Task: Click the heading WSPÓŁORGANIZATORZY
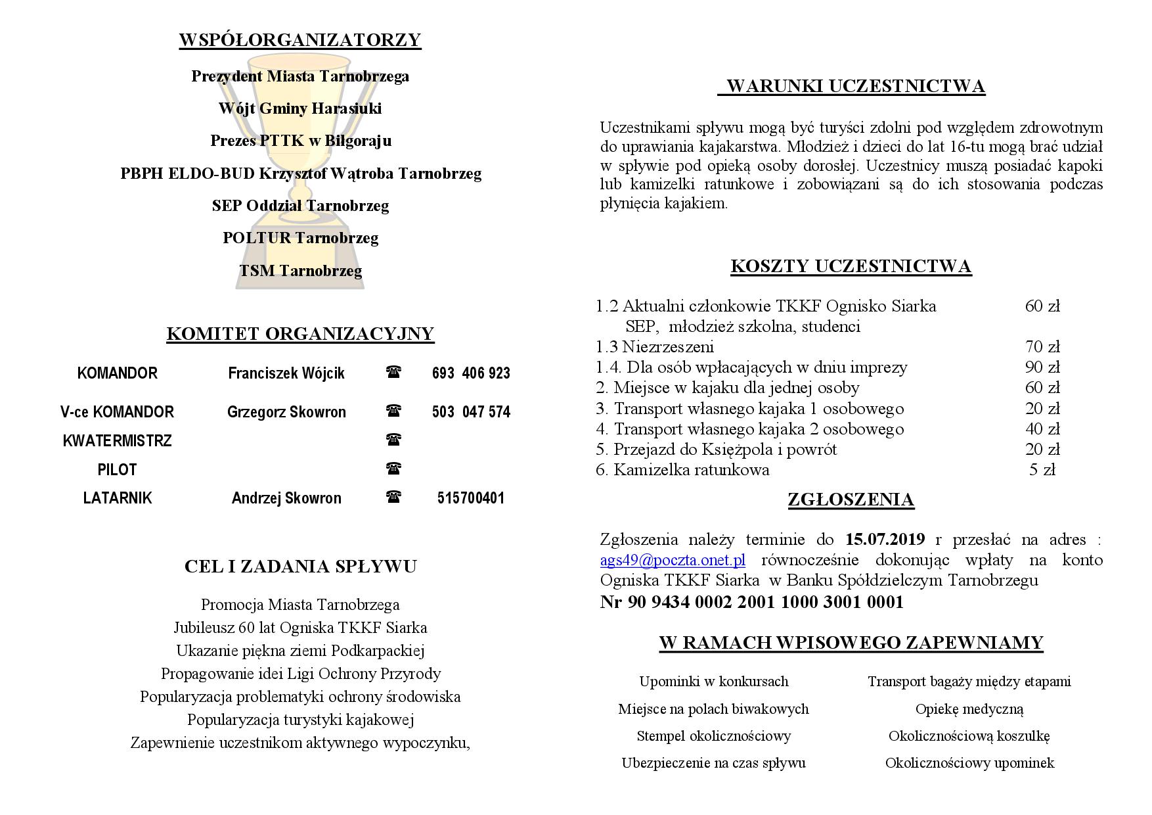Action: pos(299,40)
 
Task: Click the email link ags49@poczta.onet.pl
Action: pos(672,560)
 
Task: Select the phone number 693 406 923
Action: pos(471,373)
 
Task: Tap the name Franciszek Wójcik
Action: pos(286,373)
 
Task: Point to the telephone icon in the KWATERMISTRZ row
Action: pos(393,439)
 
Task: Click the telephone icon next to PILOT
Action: pos(393,469)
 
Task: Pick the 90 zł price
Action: pos(1042,367)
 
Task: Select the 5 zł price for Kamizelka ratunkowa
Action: pos(1042,470)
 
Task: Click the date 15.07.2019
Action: pos(885,540)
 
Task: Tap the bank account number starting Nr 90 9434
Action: pos(751,602)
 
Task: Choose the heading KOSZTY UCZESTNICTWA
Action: pos(851,266)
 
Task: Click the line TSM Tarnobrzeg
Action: pos(300,271)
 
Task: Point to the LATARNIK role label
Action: pos(117,498)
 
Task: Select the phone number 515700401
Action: pos(471,498)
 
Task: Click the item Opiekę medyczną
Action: pos(969,709)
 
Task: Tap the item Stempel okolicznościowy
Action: pos(713,736)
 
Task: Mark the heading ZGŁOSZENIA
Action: pos(851,500)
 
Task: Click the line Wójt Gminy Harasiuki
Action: pos(300,108)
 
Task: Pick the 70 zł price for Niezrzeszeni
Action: pos(1042,347)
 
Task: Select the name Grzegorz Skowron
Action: pos(286,412)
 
